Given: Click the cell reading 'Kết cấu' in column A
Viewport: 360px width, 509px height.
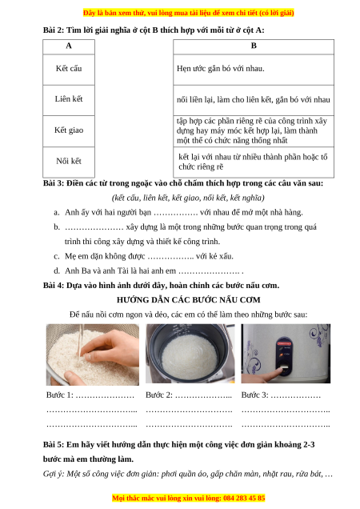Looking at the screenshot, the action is point(69,69).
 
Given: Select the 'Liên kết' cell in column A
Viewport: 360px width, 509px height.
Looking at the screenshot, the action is point(69,99).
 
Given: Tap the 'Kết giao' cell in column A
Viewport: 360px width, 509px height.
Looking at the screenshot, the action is point(69,130).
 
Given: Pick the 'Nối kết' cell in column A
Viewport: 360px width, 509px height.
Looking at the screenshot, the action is point(69,162).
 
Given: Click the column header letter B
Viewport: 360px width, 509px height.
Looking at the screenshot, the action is point(254,46).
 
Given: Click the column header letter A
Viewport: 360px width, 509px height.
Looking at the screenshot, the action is point(69,46).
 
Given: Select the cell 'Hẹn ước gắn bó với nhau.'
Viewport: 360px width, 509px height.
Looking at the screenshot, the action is point(254,69).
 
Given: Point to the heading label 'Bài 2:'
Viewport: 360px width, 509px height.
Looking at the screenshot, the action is point(54,30).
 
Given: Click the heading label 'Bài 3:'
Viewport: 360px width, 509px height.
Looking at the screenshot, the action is point(54,183).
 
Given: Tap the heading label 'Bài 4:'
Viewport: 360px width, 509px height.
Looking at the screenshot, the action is point(54,286).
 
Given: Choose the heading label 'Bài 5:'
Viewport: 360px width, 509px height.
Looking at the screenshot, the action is point(54,445).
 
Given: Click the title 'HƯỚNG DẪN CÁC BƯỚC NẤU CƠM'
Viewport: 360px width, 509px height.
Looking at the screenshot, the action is point(189,300).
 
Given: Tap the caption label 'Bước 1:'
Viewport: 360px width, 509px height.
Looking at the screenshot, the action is point(60,395).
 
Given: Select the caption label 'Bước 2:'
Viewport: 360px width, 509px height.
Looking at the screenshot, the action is point(159,395).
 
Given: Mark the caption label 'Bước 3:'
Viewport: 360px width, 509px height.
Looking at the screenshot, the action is point(255,395).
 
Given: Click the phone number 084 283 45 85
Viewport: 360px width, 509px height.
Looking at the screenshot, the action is point(244,498).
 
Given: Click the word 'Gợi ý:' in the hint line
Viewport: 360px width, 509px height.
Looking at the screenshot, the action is point(54,474).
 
